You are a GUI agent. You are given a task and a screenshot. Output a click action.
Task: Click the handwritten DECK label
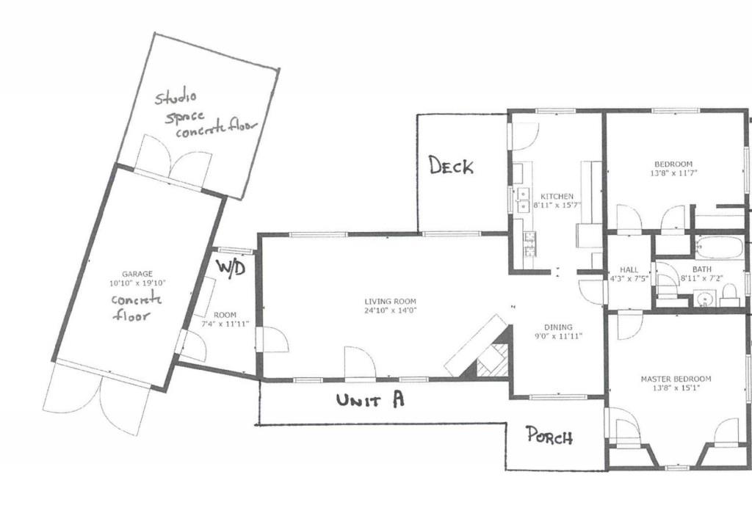coord(452,166)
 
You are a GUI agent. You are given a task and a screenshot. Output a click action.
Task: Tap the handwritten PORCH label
coord(549,436)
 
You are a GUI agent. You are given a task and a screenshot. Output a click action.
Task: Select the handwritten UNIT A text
coord(371,400)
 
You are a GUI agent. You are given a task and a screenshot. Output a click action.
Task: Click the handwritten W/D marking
coord(230,267)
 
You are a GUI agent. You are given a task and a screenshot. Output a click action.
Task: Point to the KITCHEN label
coord(557,197)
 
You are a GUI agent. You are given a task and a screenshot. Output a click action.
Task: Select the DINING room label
coord(558,327)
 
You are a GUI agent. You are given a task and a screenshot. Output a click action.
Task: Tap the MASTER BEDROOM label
coord(676,379)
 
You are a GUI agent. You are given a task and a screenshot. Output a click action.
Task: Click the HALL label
coord(629,269)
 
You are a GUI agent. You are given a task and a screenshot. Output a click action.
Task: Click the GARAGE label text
coord(137,274)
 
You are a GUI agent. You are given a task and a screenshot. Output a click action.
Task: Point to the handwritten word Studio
coord(176,98)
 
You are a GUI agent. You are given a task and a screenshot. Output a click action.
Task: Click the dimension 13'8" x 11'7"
coord(673,173)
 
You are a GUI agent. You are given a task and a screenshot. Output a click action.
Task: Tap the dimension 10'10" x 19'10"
coord(137,283)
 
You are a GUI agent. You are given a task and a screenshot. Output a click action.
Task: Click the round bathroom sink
coord(703,299)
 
